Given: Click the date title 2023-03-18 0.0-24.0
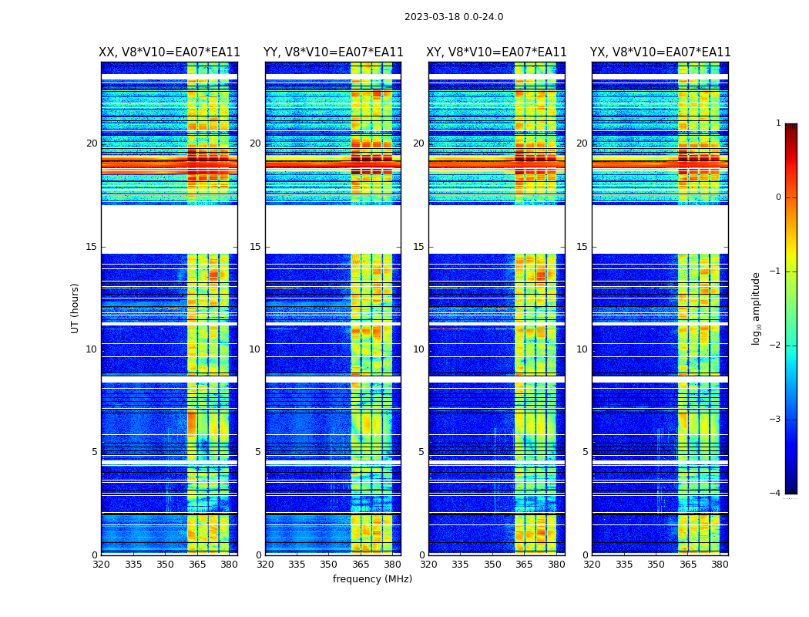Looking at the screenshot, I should (x=454, y=17).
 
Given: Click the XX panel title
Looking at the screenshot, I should (x=170, y=52).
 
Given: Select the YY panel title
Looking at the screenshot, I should (x=333, y=52).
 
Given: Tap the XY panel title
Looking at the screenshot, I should (x=497, y=52).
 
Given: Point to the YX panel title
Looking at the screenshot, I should (x=660, y=52).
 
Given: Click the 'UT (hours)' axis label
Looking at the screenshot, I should (x=76, y=308).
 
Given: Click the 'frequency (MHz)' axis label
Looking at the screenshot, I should (x=372, y=579).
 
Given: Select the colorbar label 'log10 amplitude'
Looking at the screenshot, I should (x=757, y=308).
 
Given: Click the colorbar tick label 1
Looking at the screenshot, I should (x=778, y=123).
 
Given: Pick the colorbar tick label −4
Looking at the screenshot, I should (x=776, y=494).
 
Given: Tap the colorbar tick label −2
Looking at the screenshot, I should (x=776, y=346).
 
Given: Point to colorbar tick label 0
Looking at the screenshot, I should (x=778, y=197).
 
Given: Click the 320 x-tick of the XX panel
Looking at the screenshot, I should (x=101, y=565).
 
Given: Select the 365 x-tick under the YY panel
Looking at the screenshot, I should (x=361, y=565).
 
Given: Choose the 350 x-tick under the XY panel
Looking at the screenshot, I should (x=492, y=565).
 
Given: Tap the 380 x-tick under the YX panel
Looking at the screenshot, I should (x=720, y=565).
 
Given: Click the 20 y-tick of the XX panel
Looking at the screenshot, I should (x=92, y=143).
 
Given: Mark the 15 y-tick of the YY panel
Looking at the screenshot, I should (x=255, y=247).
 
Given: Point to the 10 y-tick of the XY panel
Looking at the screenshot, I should (x=418, y=349).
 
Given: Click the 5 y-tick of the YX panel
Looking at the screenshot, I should (x=585, y=452).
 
